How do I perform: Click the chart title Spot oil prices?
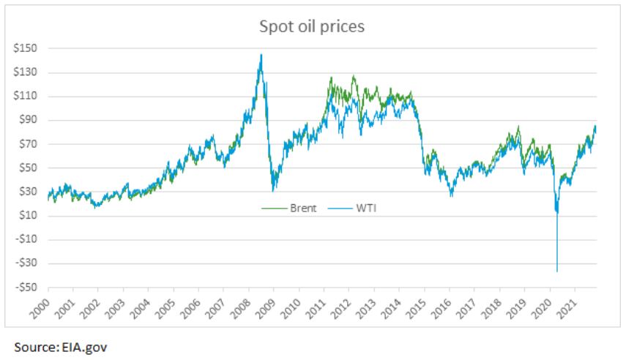click(313, 26)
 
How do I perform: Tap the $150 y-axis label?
click(27, 49)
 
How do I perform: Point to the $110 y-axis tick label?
click(27, 97)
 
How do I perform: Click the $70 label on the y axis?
click(29, 144)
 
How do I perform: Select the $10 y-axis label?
click(29, 215)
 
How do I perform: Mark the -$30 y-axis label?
click(27, 263)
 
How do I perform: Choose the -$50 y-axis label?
click(27, 287)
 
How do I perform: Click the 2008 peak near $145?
click(261, 55)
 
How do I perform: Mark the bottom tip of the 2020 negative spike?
click(557, 271)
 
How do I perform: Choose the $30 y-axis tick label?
click(29, 192)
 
